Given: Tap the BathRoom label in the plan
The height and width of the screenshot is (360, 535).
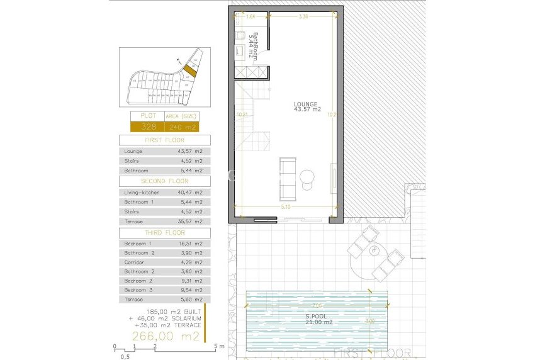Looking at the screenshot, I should click(x=253, y=45).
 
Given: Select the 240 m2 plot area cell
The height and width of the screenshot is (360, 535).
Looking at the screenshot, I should click(x=180, y=127).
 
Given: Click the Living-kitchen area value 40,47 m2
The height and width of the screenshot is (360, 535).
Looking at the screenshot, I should click(x=190, y=192).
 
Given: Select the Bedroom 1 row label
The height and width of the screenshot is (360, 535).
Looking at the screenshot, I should click(x=138, y=243).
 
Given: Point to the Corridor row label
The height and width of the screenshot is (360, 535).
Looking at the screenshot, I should click(x=134, y=262).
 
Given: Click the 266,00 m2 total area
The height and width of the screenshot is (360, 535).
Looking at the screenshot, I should click(x=166, y=336).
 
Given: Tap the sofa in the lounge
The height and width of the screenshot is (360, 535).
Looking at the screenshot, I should click(x=288, y=174).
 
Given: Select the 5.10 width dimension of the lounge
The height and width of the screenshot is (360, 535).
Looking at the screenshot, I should click(x=286, y=206).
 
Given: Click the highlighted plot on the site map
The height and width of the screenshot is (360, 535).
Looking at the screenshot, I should click(x=191, y=71).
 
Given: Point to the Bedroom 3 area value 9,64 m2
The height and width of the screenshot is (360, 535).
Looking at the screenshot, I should click(x=190, y=290).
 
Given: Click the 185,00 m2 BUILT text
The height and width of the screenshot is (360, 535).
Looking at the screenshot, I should click(x=166, y=312).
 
